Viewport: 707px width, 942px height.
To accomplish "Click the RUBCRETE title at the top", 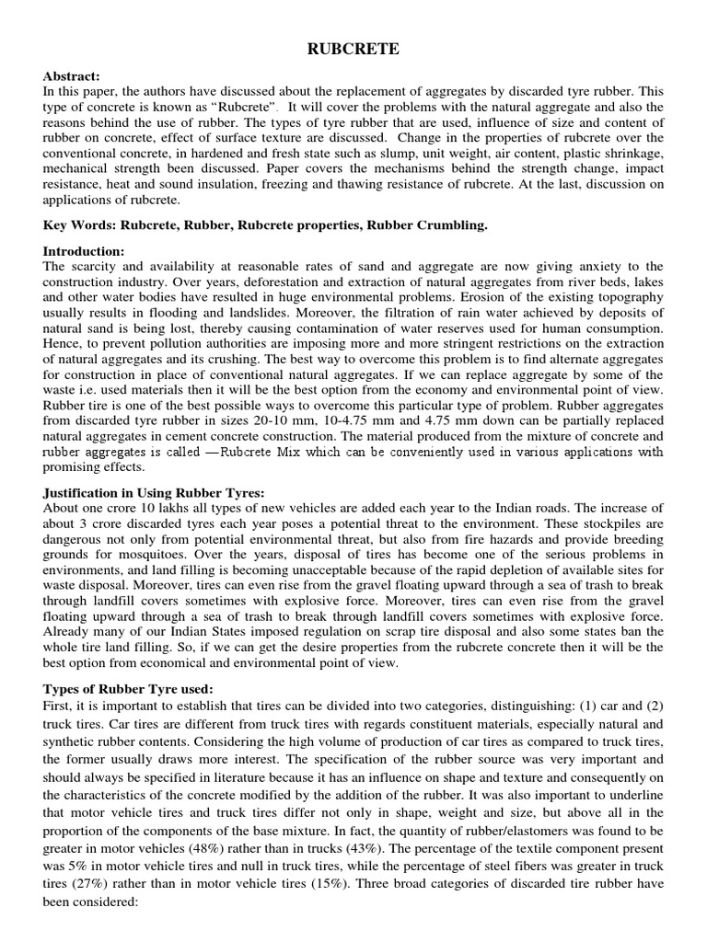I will tap(353, 50).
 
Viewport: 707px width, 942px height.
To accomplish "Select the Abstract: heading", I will tap(70, 78).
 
